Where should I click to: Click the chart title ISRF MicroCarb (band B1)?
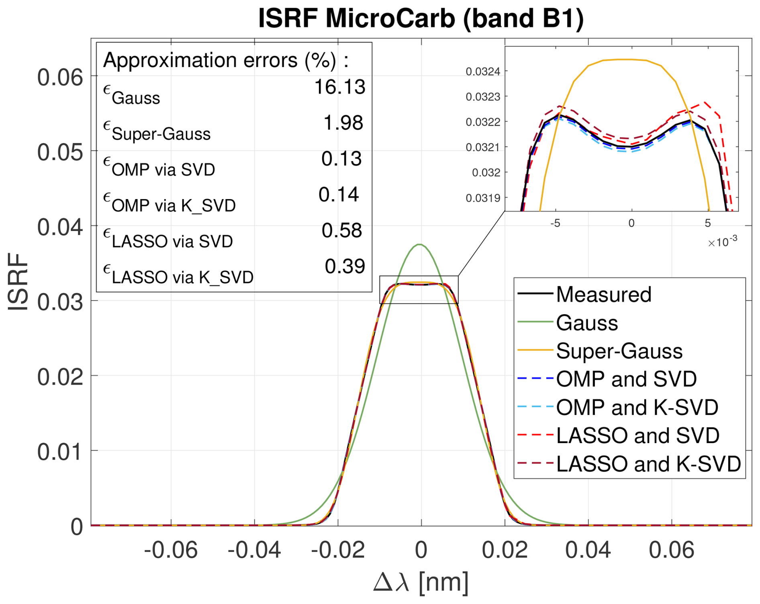pyautogui.click(x=421, y=18)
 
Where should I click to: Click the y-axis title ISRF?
pyautogui.click(x=18, y=282)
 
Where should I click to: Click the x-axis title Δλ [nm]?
pyautogui.click(x=421, y=582)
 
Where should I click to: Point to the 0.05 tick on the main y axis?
pyautogui.click(x=60, y=153)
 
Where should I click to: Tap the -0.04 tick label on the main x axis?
pyautogui.click(x=254, y=550)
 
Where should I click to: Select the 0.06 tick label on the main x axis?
pyautogui.click(x=672, y=550)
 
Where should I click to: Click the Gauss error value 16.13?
pyautogui.click(x=340, y=87)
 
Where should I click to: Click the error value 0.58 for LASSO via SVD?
pyautogui.click(x=342, y=230)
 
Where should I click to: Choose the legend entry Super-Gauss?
pyautogui.click(x=619, y=351)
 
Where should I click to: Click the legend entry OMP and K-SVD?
pyautogui.click(x=637, y=407)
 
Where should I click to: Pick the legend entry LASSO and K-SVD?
pyautogui.click(x=648, y=464)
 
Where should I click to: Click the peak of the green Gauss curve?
pyautogui.click(x=420, y=244)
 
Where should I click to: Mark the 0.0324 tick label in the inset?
pyautogui.click(x=483, y=71)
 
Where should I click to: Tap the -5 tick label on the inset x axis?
pyautogui.click(x=555, y=223)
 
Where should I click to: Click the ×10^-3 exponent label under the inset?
pyautogui.click(x=723, y=242)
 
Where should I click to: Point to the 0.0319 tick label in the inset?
pyautogui.click(x=483, y=198)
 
